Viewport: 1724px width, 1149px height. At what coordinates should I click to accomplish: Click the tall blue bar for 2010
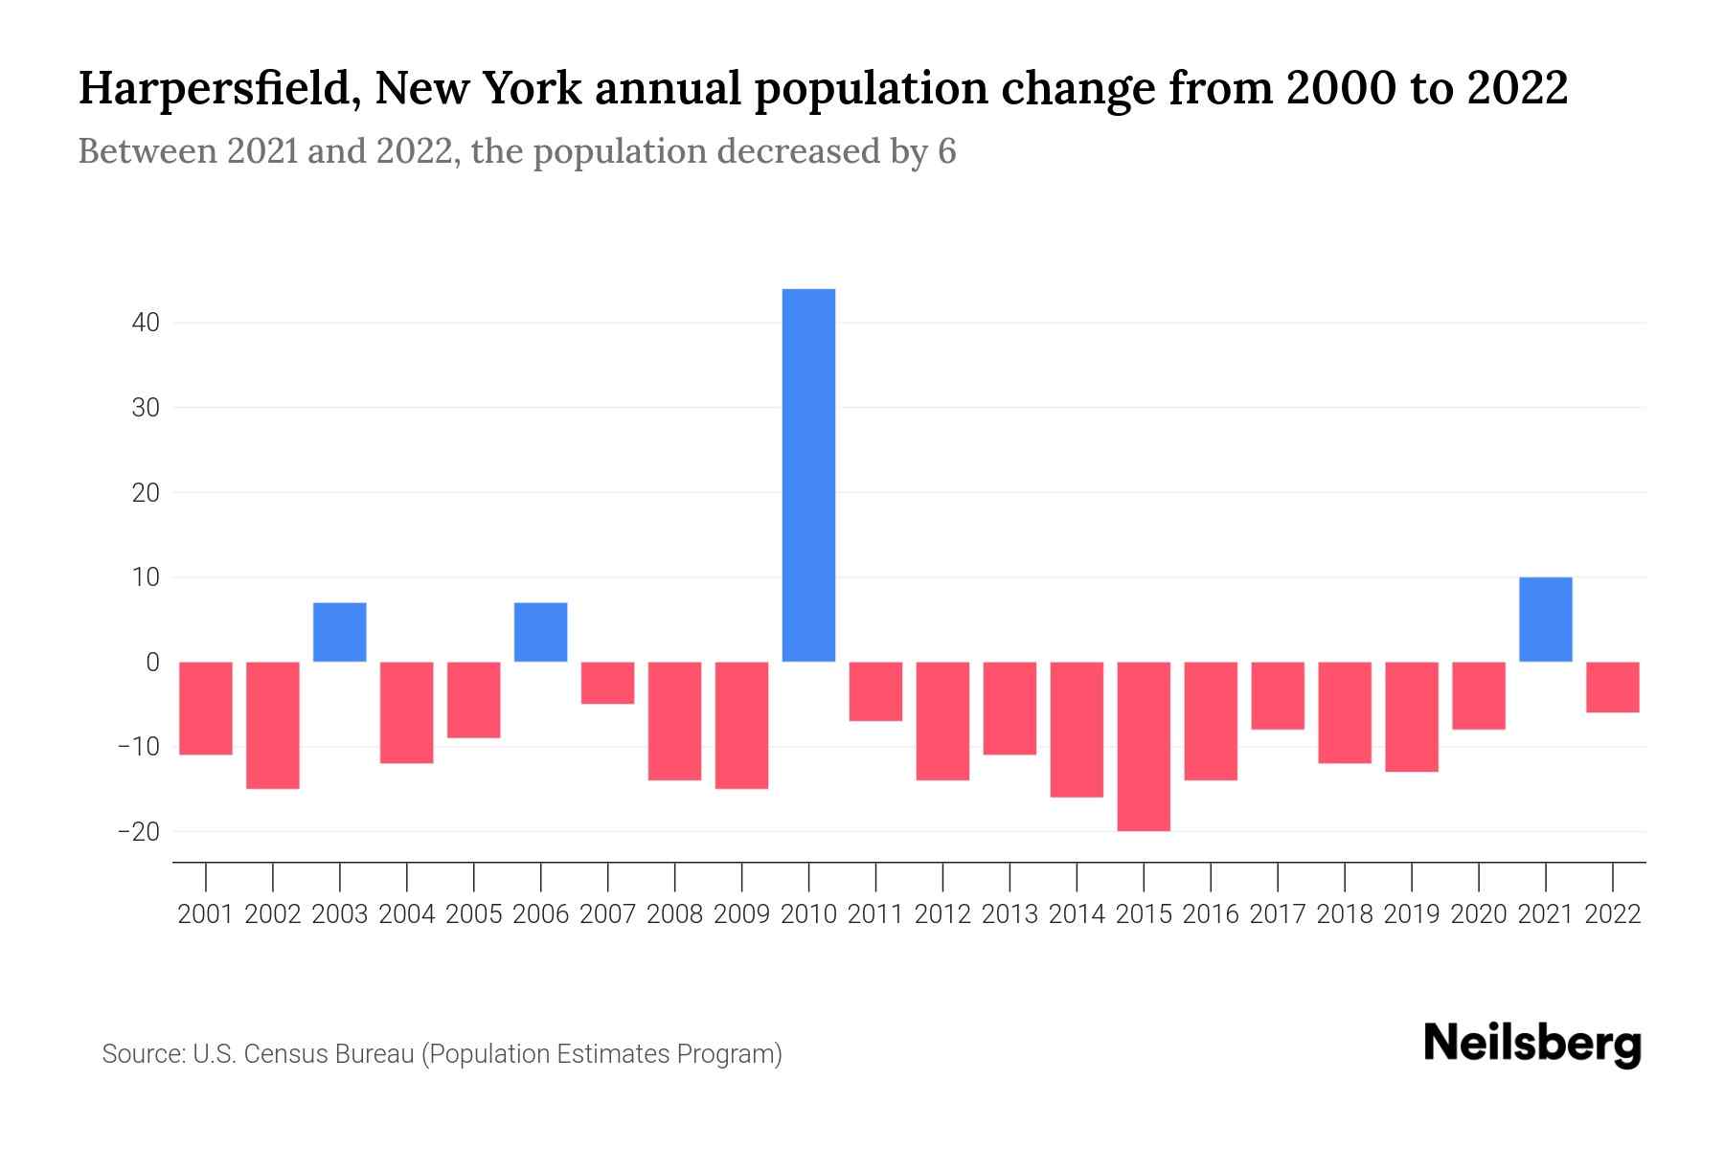pos(808,475)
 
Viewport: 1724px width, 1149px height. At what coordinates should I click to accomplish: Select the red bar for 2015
pos(1144,746)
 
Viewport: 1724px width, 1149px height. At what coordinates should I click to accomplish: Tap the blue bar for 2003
pos(340,632)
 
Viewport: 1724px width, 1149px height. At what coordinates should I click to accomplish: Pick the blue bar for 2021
pos(1545,620)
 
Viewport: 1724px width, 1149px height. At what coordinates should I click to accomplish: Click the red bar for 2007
pos(607,683)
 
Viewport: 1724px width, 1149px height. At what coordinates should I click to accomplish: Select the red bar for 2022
pos(1612,687)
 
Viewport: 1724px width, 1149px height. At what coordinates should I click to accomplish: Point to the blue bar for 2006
pos(540,632)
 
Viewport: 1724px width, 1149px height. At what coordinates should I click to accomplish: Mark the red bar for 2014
pos(1077,729)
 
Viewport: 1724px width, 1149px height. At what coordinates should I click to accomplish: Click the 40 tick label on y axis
pos(146,323)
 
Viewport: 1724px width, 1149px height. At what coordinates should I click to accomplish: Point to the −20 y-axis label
pos(138,831)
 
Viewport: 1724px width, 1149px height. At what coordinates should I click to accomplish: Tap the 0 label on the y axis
pos(152,662)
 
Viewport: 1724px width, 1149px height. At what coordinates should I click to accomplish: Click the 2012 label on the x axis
pos(942,914)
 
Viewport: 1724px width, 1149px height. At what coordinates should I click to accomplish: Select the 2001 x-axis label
pos(206,914)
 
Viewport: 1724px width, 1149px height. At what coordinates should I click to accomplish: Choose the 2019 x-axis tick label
pos(1411,914)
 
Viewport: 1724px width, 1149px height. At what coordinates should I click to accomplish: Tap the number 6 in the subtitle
pos(946,151)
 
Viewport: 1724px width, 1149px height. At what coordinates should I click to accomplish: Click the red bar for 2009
pos(741,725)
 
